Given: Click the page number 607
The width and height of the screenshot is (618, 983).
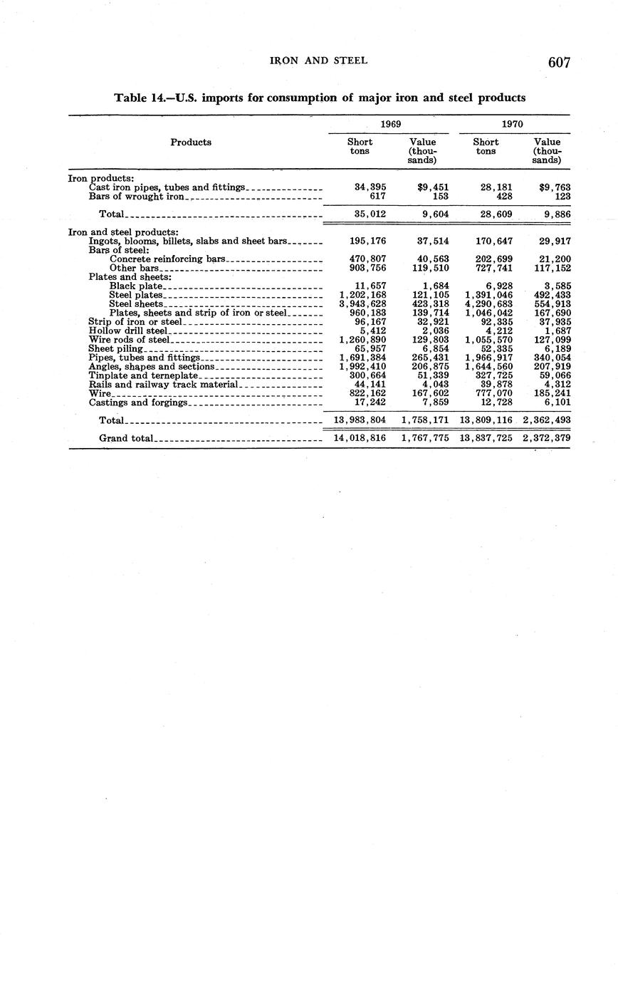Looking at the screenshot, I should pyautogui.click(x=559, y=63).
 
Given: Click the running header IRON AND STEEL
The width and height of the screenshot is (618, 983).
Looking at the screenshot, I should pyautogui.click(x=319, y=61).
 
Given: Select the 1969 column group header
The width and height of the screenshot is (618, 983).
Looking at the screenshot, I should pyautogui.click(x=389, y=124).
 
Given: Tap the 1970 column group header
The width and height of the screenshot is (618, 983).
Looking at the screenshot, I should pyautogui.click(x=513, y=124).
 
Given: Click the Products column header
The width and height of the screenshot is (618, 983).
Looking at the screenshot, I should pyautogui.click(x=191, y=142).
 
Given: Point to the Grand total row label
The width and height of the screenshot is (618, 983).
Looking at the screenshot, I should pyautogui.click(x=126, y=438).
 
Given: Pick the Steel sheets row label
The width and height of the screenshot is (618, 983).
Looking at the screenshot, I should pyautogui.click(x=136, y=304).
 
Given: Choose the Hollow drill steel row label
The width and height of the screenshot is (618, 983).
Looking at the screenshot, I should pyautogui.click(x=128, y=331).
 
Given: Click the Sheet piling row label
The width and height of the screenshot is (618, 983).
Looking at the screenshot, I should pyautogui.click(x=116, y=349).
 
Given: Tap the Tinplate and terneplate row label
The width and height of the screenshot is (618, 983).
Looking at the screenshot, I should pyautogui.click(x=142, y=375).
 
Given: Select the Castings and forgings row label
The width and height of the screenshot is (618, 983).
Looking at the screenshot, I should pyautogui.click(x=138, y=402).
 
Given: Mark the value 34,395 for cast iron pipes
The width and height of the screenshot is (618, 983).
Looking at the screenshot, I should pyautogui.click(x=370, y=187).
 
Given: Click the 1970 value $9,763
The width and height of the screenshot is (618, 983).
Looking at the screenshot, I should pyautogui.click(x=555, y=187).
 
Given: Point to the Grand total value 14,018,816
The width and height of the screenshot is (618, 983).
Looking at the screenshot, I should pyautogui.click(x=360, y=438).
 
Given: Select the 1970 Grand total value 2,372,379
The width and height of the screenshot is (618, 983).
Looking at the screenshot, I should pyautogui.click(x=546, y=438).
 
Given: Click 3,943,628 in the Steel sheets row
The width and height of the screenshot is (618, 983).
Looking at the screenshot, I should pyautogui.click(x=363, y=304).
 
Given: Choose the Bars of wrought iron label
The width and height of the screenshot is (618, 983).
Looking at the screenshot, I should pyautogui.click(x=137, y=196).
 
